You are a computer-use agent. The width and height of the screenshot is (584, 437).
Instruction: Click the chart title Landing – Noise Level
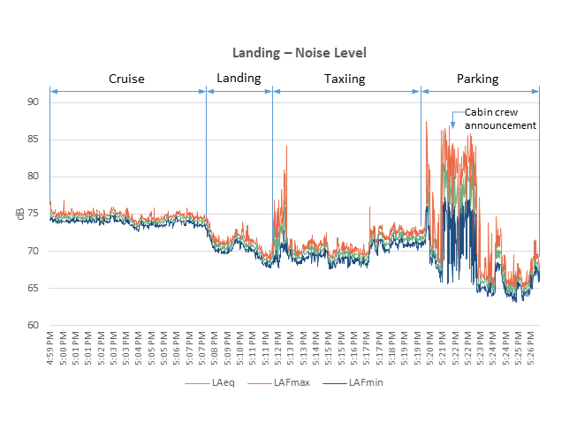[x=292, y=53]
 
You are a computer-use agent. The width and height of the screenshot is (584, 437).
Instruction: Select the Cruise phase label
[x=126, y=79]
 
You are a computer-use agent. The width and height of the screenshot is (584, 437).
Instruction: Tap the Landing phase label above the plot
[x=239, y=79]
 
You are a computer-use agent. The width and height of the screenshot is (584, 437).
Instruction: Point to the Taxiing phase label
[x=345, y=79]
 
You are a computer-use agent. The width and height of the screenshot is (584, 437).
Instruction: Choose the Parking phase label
[x=477, y=79]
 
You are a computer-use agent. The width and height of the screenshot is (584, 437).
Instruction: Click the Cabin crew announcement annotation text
[x=500, y=119]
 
